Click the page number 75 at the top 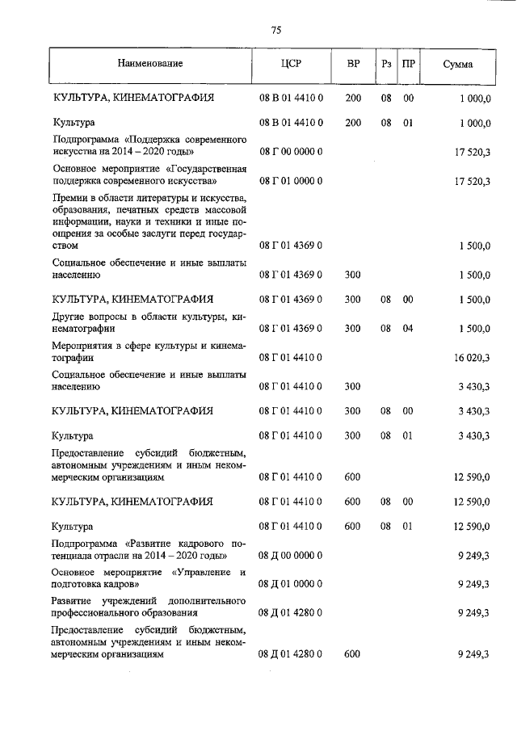click(275, 30)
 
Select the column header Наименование click(149, 63)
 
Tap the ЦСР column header click(291, 63)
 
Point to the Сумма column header click(458, 63)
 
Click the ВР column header click(353, 63)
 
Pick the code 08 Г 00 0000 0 click(291, 151)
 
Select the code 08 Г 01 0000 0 click(291, 182)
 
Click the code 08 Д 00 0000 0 click(291, 557)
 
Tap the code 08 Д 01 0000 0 click(291, 583)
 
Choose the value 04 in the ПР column click(409, 329)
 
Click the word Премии click(69, 199)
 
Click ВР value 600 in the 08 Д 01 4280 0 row click(352, 654)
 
